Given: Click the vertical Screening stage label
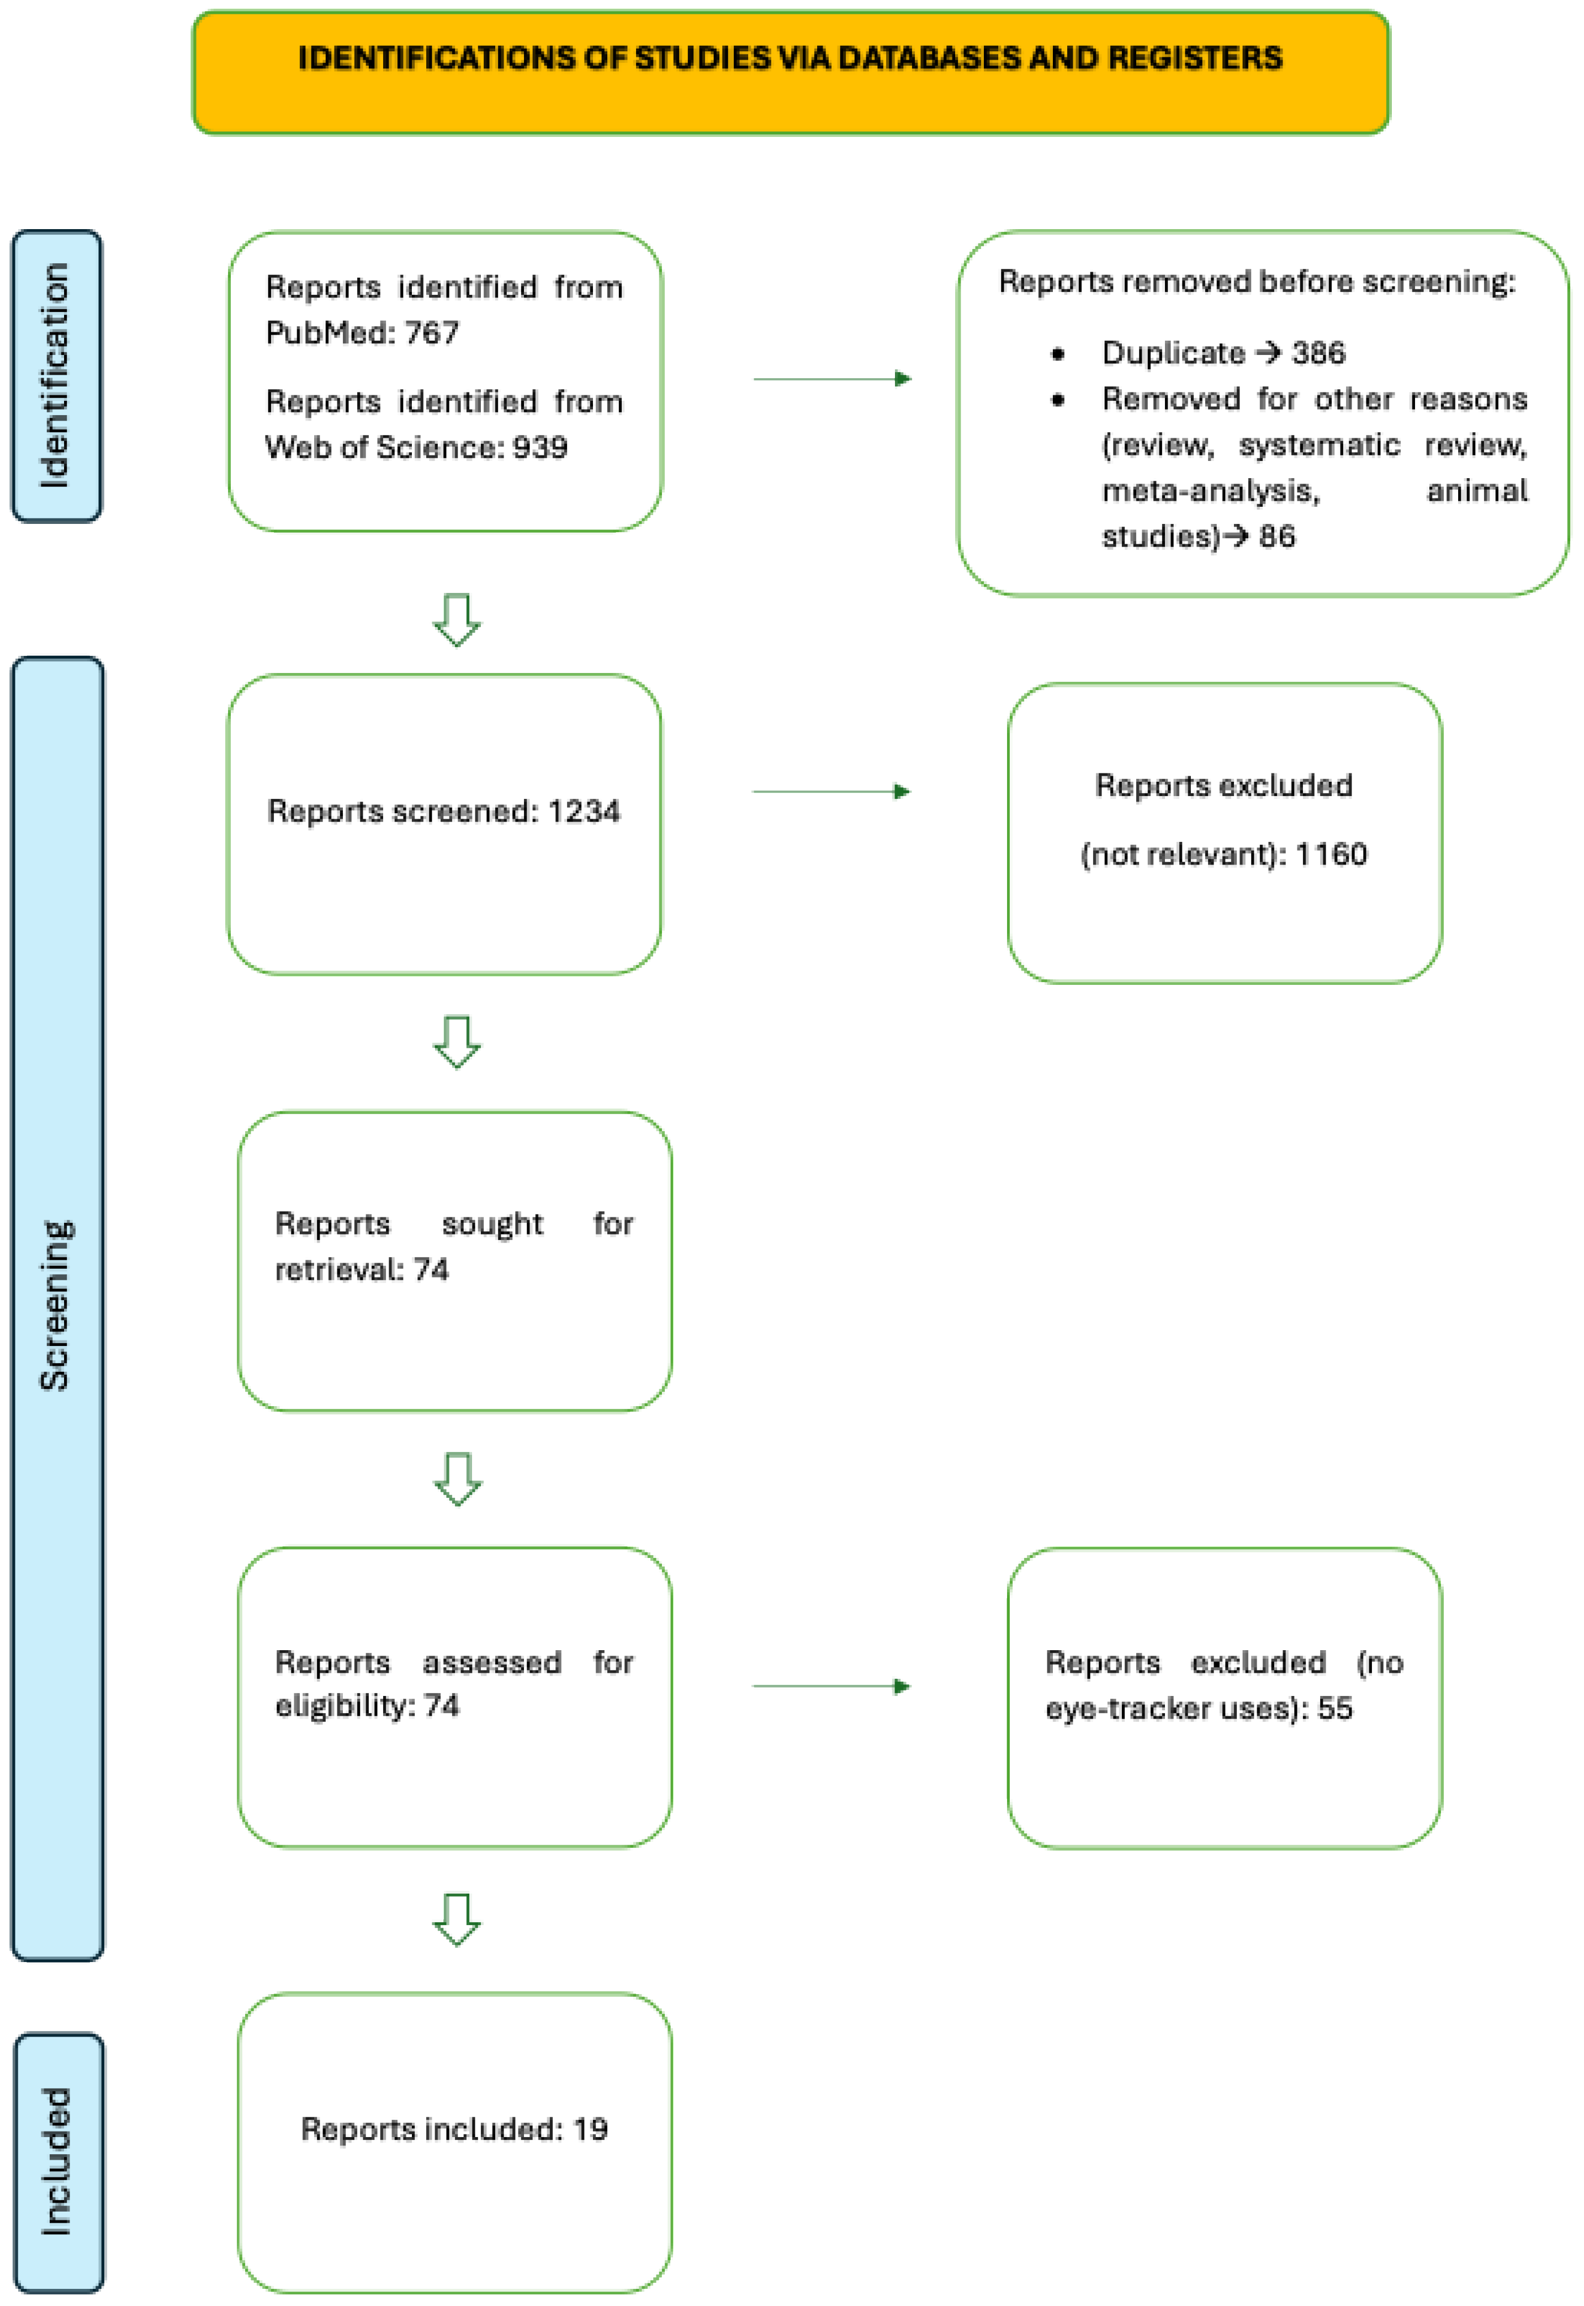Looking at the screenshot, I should pyautogui.click(x=56, y=1304).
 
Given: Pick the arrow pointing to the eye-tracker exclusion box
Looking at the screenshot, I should pyautogui.click(x=831, y=1686).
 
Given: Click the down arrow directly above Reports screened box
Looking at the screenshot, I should pyautogui.click(x=457, y=619).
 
